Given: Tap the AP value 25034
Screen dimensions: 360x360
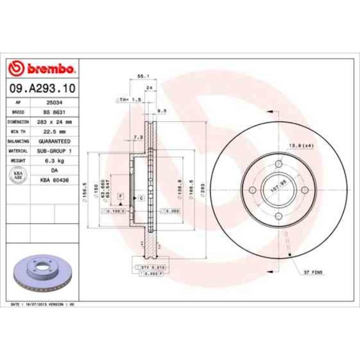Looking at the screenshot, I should (x=54, y=102).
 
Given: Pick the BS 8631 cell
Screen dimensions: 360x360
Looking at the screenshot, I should (x=54, y=112).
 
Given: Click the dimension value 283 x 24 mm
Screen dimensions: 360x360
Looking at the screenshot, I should (x=54, y=121).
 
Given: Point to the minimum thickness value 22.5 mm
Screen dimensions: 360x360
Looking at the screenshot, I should (x=54, y=131).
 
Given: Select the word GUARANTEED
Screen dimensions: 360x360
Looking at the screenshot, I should (x=54, y=141).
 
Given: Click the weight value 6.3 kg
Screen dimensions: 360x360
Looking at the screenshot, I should (x=54, y=160).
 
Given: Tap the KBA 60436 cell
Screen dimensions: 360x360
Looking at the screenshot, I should (x=54, y=179).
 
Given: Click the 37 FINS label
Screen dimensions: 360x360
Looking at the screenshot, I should (x=313, y=273).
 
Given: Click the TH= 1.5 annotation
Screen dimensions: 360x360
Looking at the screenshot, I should (x=131, y=100).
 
